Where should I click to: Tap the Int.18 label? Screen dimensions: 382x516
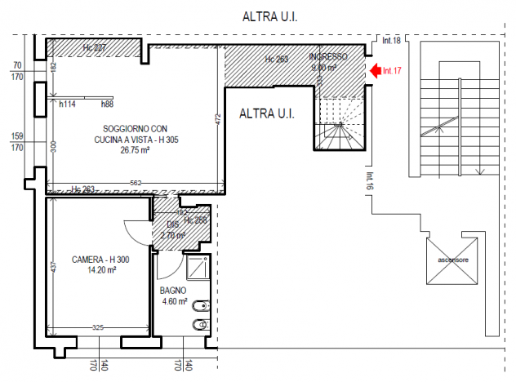click(x=392, y=40)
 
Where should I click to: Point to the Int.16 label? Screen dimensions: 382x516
click(x=369, y=181)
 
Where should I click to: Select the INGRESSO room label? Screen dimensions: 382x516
click(x=329, y=57)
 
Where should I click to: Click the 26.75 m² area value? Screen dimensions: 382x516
click(x=135, y=150)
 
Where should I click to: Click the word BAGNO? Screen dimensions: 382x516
click(x=173, y=291)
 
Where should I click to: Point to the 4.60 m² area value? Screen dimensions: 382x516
click(x=174, y=301)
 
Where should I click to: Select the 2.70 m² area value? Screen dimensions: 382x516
click(x=173, y=235)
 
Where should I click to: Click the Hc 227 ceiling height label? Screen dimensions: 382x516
click(x=95, y=49)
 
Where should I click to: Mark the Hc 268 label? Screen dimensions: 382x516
click(x=195, y=220)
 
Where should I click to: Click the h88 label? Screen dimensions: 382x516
click(x=107, y=104)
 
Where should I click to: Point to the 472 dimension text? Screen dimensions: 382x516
click(x=218, y=118)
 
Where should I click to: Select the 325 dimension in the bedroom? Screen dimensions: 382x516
click(x=97, y=327)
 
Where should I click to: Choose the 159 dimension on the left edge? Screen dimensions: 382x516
click(x=16, y=136)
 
